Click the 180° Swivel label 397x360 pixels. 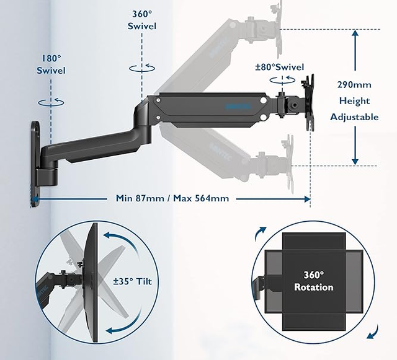coord(50,64)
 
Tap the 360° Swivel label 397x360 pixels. coord(142,20)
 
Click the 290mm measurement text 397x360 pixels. coord(354,85)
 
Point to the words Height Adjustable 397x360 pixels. coord(354,108)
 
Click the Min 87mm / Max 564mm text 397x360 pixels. coord(172,199)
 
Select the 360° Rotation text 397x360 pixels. coord(313,281)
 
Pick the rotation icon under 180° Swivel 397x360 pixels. coord(50,100)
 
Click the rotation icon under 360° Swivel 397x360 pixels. coord(142,69)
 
